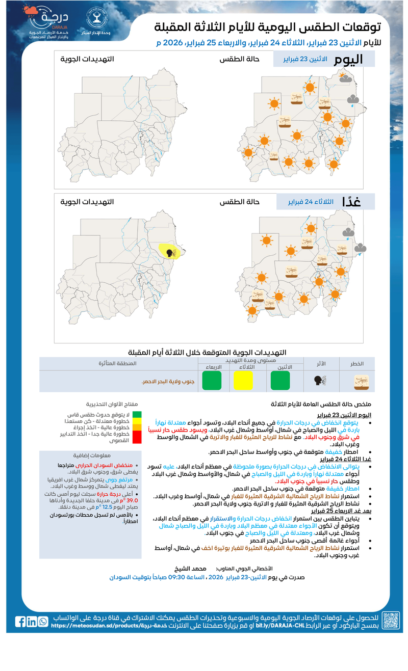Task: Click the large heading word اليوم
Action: tap(349, 60)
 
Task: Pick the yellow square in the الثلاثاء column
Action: tap(243, 381)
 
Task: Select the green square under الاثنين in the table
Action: tap(280, 381)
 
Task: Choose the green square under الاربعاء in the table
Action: tap(212, 381)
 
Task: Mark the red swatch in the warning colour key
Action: tap(137, 437)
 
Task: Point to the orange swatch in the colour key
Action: tap(137, 427)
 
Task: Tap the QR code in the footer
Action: tap(391, 621)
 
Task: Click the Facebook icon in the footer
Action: tap(20, 622)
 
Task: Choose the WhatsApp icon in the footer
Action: tap(43, 622)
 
